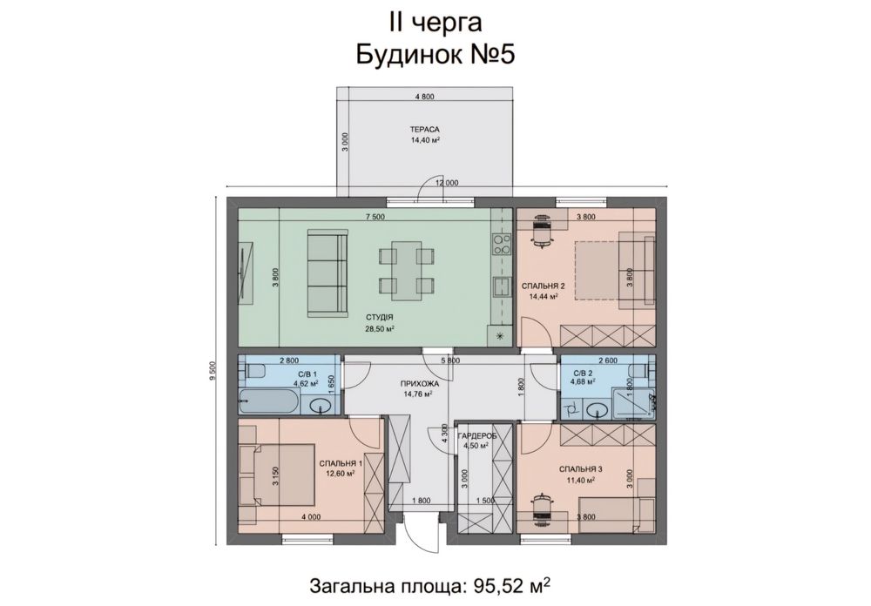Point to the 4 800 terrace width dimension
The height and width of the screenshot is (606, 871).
(x=424, y=97)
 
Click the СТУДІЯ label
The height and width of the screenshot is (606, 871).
(x=380, y=319)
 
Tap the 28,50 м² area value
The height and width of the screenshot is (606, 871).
(x=380, y=330)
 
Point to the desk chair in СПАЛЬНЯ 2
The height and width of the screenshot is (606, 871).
(x=543, y=232)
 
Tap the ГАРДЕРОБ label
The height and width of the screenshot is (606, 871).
(x=476, y=435)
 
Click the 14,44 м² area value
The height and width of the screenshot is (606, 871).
(x=543, y=297)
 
